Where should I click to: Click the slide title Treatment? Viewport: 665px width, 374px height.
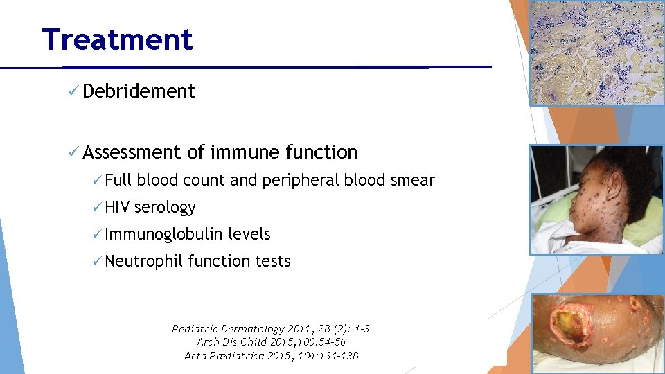point(117,39)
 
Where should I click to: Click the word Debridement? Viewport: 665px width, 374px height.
point(139,91)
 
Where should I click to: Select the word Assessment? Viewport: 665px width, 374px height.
point(132,152)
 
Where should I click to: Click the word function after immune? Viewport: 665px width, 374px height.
point(321,152)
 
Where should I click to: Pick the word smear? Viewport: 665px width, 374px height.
point(413,181)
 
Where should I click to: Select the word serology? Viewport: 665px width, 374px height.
point(166,208)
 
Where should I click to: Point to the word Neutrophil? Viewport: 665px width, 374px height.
point(143,262)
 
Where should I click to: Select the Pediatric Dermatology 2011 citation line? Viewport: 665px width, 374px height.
point(271,329)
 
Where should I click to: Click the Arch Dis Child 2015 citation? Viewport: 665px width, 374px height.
point(271,342)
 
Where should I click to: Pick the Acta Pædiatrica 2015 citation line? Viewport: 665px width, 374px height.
point(271,355)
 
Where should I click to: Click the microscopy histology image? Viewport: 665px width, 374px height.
point(596,53)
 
